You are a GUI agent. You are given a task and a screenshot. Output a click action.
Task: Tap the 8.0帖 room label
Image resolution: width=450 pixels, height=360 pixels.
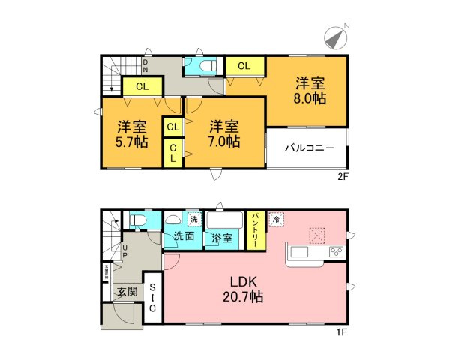pos(310,91)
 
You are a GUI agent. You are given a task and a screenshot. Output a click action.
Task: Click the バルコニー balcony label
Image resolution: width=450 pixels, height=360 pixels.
pos(308,148)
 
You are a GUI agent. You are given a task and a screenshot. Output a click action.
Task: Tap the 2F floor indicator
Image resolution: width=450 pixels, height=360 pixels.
pos(343,178)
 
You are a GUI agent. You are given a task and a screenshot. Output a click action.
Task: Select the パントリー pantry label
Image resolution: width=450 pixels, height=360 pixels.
pos(255,228)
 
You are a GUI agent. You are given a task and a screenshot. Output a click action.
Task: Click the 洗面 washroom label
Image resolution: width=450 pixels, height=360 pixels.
pos(184,236)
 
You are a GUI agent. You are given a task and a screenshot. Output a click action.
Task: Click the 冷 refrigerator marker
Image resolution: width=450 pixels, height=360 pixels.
pos(276,219)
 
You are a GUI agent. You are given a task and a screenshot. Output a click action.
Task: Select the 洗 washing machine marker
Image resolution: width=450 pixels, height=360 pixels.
pos(193,220)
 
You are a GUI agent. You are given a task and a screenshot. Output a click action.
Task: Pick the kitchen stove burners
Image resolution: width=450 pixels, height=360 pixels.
pos(336,252)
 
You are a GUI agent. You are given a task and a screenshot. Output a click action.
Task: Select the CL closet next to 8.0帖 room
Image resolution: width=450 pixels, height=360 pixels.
pos(244,66)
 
